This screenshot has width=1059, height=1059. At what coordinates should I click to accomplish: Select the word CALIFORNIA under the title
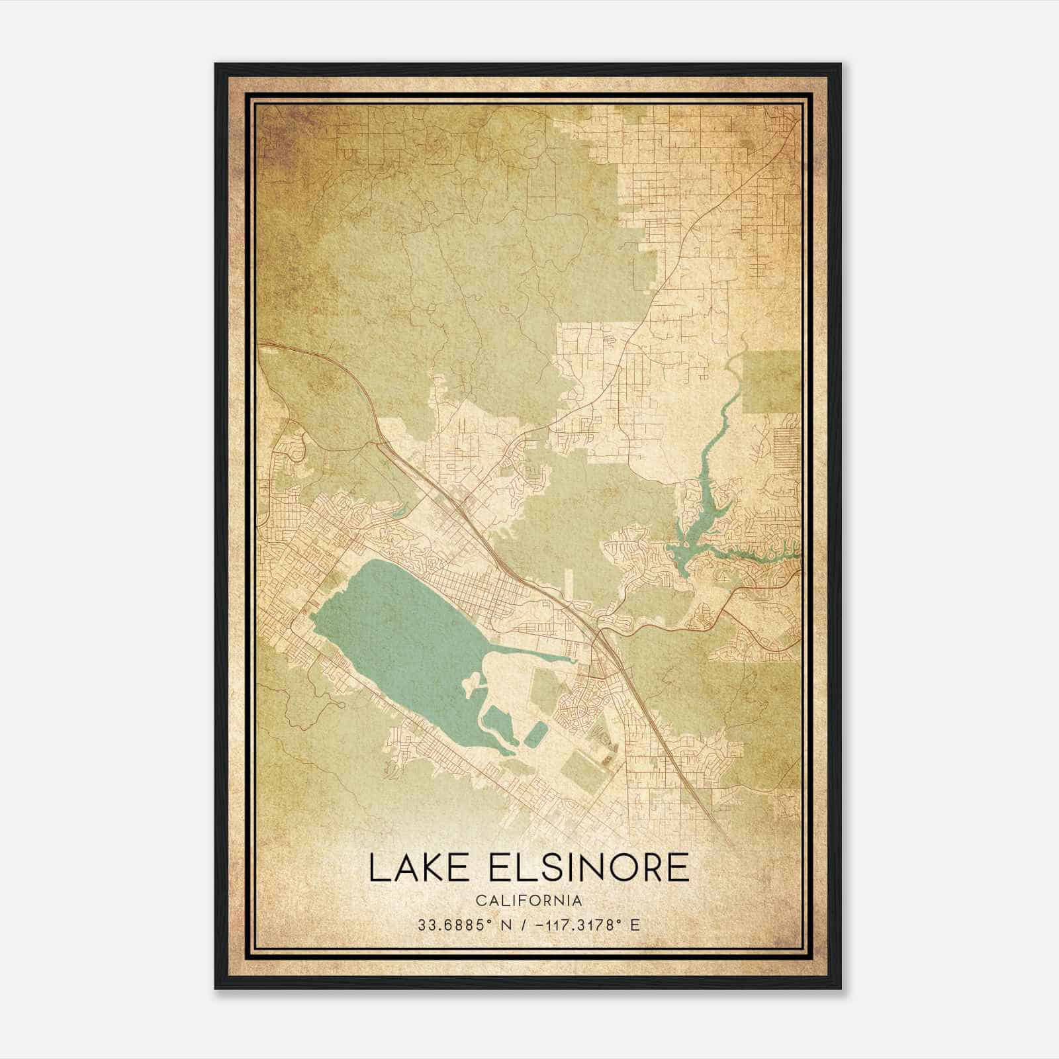[529, 901]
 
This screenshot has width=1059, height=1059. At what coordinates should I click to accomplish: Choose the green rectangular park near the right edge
[772, 381]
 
